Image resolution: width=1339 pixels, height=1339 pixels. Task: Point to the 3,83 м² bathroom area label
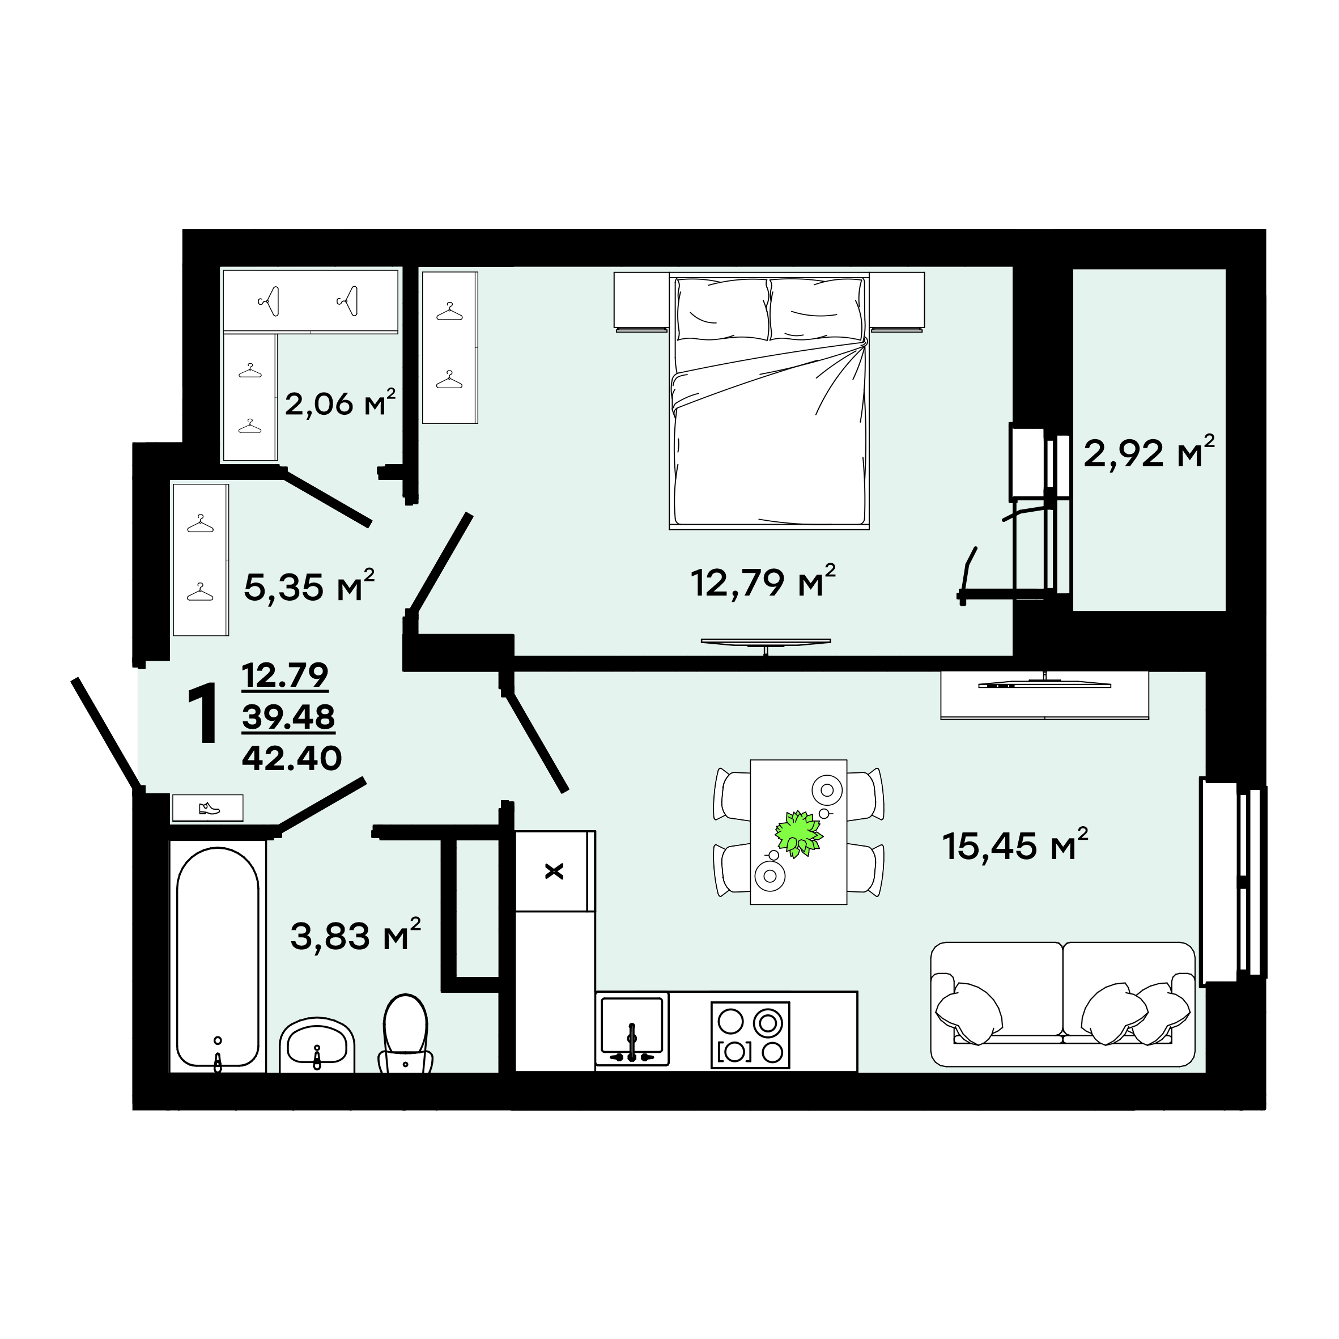click(x=355, y=935)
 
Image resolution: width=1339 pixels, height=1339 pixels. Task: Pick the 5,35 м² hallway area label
click(x=309, y=586)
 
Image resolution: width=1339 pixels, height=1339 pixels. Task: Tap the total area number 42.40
click(x=292, y=758)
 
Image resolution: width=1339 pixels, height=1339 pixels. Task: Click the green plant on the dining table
click(x=798, y=833)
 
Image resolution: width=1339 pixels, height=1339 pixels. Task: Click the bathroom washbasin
click(x=317, y=1044)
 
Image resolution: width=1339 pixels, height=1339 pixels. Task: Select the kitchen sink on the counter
click(x=632, y=1028)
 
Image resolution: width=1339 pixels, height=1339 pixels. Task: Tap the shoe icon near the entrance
click(x=209, y=808)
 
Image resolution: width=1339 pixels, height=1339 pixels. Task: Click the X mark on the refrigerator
click(x=554, y=871)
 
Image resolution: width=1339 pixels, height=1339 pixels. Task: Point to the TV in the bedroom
click(x=765, y=643)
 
